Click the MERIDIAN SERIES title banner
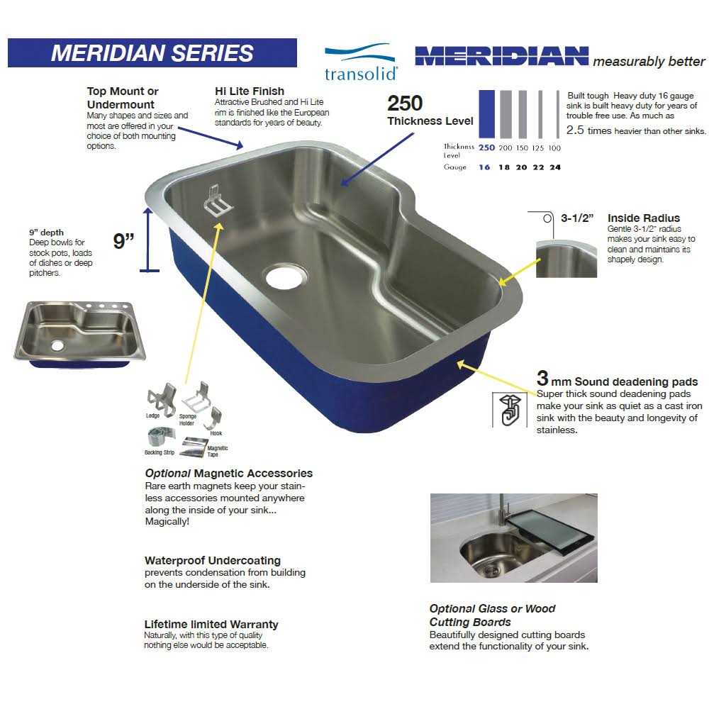[x=152, y=53]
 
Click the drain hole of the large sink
[x=286, y=276]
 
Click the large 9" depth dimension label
[x=124, y=241]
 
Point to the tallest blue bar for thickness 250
[x=486, y=113]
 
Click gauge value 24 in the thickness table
[x=554, y=167]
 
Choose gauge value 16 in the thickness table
[x=484, y=167]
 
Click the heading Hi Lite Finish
[x=249, y=91]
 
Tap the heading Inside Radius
[x=643, y=218]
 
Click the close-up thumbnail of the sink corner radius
[x=566, y=259]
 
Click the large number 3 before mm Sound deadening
[x=542, y=379]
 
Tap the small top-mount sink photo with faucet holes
[x=79, y=333]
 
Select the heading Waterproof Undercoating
[x=212, y=561]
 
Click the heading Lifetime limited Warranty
[x=211, y=625]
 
